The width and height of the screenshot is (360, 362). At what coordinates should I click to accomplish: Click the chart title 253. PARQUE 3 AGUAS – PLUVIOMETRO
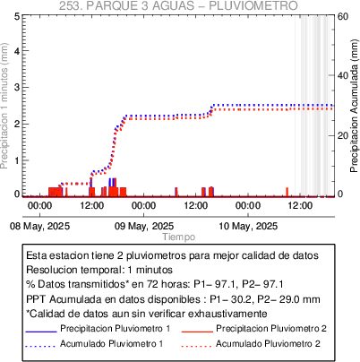(178, 5)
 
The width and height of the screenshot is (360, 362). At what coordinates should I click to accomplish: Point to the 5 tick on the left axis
(17, 16)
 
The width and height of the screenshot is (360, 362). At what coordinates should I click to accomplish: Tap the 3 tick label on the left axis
(17, 87)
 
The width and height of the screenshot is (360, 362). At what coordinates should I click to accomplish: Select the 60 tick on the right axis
(343, 16)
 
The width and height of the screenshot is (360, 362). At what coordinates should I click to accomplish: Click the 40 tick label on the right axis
(343, 75)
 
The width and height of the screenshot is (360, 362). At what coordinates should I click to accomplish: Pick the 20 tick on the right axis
(343, 135)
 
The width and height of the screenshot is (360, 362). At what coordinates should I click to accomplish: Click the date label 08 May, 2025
(39, 226)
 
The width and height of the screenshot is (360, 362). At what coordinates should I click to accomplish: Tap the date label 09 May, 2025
(144, 226)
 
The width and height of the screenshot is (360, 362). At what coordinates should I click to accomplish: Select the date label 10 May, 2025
(248, 226)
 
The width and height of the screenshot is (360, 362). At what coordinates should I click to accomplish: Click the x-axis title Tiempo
(179, 237)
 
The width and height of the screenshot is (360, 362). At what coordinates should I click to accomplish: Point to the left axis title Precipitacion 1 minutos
(4, 106)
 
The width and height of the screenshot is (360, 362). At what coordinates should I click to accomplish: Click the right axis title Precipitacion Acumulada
(354, 106)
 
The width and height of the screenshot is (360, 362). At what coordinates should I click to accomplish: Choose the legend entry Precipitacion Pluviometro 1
(116, 329)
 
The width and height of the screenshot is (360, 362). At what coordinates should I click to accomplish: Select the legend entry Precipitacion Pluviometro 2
(271, 329)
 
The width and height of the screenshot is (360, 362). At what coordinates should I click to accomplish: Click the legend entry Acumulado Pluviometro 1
(112, 344)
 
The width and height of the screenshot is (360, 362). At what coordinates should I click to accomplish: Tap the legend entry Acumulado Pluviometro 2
(268, 344)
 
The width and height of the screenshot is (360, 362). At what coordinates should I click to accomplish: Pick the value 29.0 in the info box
(288, 299)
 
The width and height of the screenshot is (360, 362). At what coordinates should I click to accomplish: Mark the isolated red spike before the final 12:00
(287, 192)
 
